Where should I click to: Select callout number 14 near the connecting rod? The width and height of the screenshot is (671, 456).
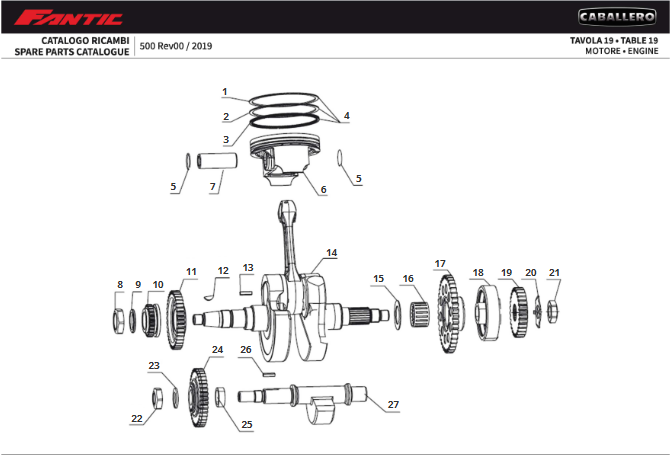331,253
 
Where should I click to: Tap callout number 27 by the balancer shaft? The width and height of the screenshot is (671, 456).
393,405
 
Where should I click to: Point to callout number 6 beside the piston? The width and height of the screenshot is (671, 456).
323,189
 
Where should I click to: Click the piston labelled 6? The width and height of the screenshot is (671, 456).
284,159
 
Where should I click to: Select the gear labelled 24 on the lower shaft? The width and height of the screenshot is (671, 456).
199,398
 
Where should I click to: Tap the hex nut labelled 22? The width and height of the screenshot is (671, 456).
157,398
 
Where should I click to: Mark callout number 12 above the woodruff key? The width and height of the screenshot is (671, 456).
223,270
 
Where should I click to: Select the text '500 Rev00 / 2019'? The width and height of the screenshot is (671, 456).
176,46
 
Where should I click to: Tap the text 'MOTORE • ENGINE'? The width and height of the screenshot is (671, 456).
621,51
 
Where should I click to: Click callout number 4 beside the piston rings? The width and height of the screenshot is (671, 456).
346,116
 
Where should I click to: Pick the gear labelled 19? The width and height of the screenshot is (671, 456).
518,310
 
